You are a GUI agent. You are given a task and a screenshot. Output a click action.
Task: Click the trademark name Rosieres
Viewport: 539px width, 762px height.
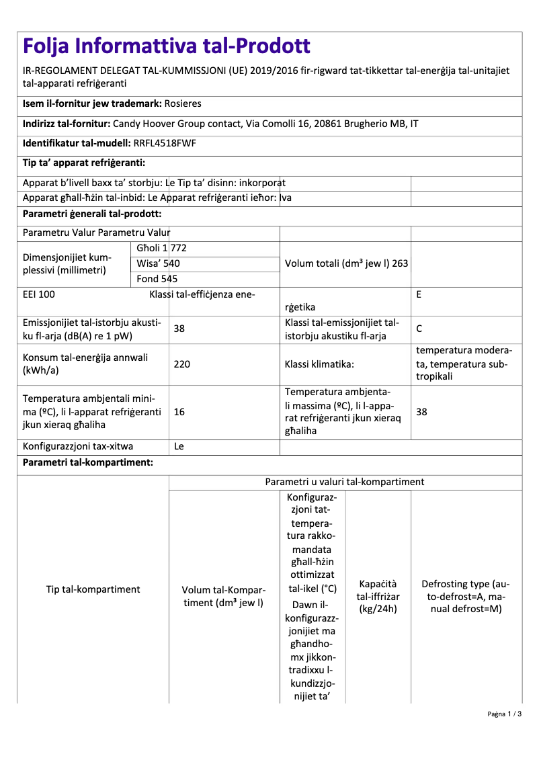point(183,103)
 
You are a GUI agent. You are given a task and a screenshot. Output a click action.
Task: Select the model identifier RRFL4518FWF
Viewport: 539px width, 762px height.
point(165,143)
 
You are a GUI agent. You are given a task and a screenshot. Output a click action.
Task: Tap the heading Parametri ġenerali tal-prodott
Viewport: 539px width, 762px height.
point(92,214)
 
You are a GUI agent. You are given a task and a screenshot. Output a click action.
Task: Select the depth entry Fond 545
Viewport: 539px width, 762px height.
point(157,278)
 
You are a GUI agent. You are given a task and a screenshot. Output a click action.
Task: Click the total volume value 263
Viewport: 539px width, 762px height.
point(400,263)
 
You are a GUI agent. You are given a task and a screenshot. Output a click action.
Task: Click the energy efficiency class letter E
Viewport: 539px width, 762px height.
point(419,294)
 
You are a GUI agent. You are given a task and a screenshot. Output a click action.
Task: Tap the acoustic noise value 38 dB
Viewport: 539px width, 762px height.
point(179,329)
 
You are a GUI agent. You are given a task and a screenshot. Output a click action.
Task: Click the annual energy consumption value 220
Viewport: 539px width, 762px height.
point(182,364)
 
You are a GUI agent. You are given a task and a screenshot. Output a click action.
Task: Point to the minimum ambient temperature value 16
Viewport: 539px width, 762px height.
point(179,412)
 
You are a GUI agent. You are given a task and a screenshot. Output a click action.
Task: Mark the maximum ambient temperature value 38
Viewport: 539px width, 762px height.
point(421,412)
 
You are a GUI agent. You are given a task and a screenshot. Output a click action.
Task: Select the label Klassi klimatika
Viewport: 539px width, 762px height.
point(319,364)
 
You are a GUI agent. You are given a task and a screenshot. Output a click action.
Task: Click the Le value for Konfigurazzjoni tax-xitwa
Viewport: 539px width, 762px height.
point(179,446)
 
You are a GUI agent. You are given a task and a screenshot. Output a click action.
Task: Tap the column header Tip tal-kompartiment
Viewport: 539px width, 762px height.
point(93,589)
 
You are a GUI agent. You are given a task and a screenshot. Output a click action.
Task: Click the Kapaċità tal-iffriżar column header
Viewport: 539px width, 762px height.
point(378,597)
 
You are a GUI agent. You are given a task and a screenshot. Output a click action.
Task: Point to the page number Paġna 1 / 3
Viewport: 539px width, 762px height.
point(504,732)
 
